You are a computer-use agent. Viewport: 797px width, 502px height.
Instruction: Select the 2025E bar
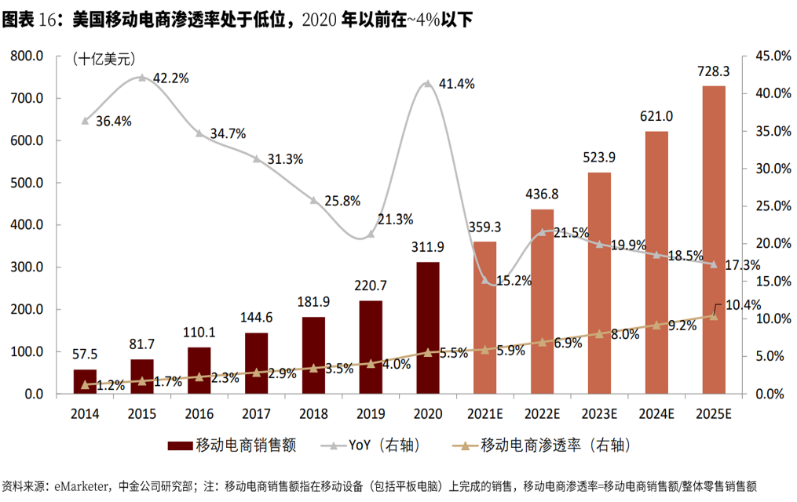(x=713, y=239)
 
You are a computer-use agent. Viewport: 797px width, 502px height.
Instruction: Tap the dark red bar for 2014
(x=85, y=381)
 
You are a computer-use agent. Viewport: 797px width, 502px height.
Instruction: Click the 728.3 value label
(x=713, y=71)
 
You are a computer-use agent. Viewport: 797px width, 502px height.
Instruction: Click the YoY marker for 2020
(x=428, y=83)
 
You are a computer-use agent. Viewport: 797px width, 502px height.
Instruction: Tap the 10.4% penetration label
(x=741, y=305)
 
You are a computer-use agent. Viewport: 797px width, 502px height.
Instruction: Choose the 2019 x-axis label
(x=371, y=413)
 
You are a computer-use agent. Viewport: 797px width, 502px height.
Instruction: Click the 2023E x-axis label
(x=599, y=413)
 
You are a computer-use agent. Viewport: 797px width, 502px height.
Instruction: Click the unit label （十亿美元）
(x=104, y=58)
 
